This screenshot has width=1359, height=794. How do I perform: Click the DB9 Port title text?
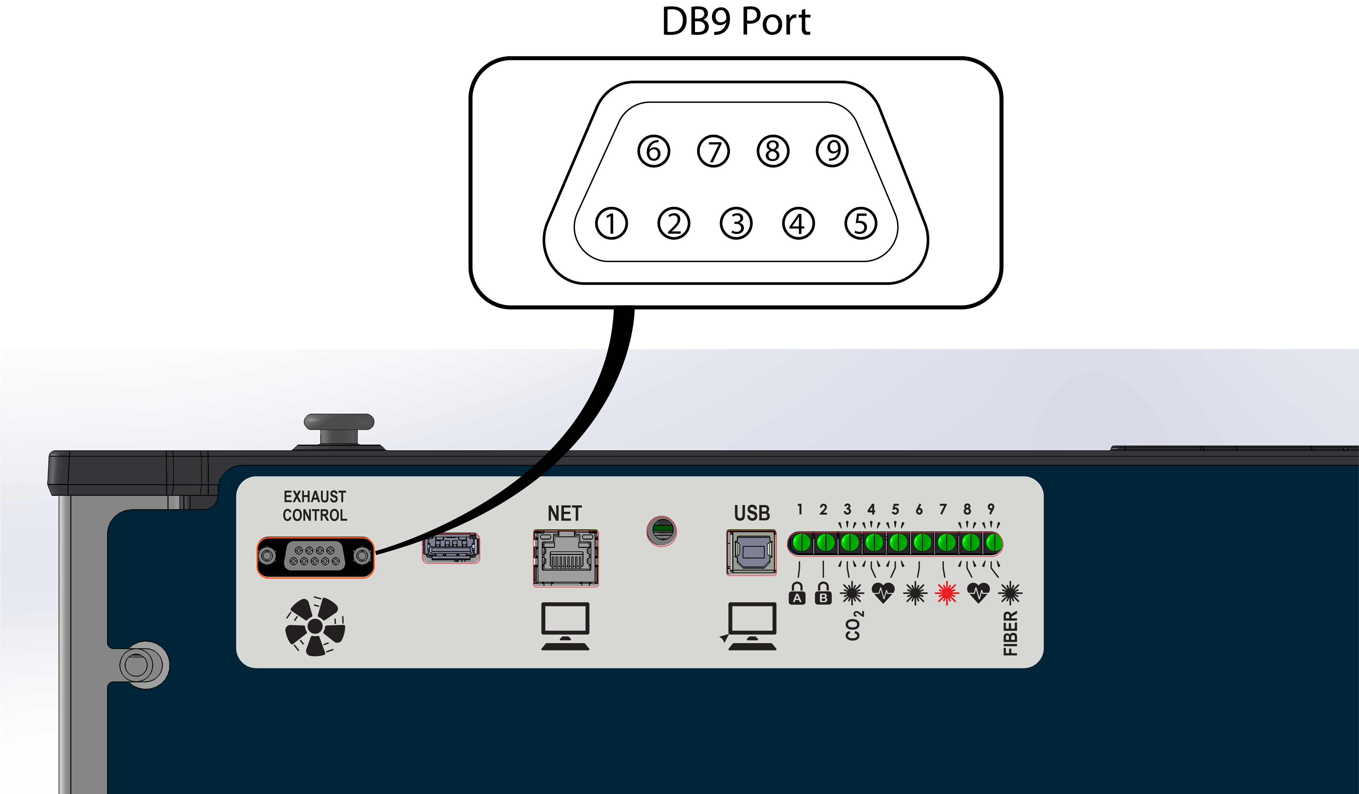click(x=736, y=23)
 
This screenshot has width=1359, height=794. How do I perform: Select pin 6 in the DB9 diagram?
click(x=654, y=151)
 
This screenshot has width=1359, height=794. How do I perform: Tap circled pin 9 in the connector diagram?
click(x=832, y=151)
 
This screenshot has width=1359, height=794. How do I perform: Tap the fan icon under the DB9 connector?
click(x=315, y=627)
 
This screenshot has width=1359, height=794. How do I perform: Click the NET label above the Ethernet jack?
click(x=565, y=513)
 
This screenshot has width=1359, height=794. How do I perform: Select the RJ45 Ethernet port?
click(x=566, y=558)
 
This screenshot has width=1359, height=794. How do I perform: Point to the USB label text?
click(x=752, y=513)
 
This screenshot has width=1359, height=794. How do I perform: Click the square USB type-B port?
click(x=751, y=553)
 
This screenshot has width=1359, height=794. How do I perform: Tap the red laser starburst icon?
click(x=947, y=594)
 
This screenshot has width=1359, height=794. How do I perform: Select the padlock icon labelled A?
click(x=797, y=594)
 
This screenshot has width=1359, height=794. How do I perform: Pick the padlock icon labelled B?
click(x=823, y=594)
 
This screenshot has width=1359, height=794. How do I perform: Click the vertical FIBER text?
click(x=1010, y=633)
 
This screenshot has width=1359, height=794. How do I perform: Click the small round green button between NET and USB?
click(x=662, y=531)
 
